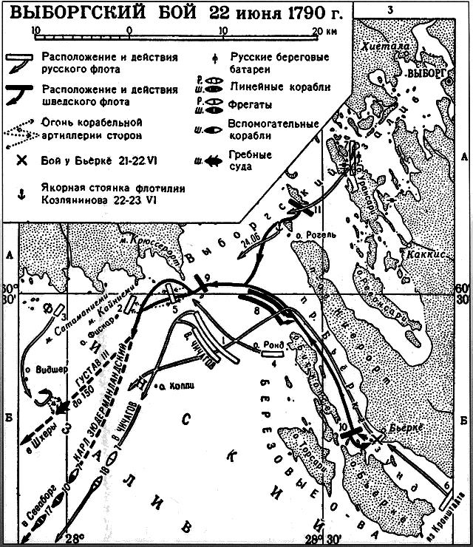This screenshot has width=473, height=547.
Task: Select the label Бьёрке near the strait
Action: [406, 427]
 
